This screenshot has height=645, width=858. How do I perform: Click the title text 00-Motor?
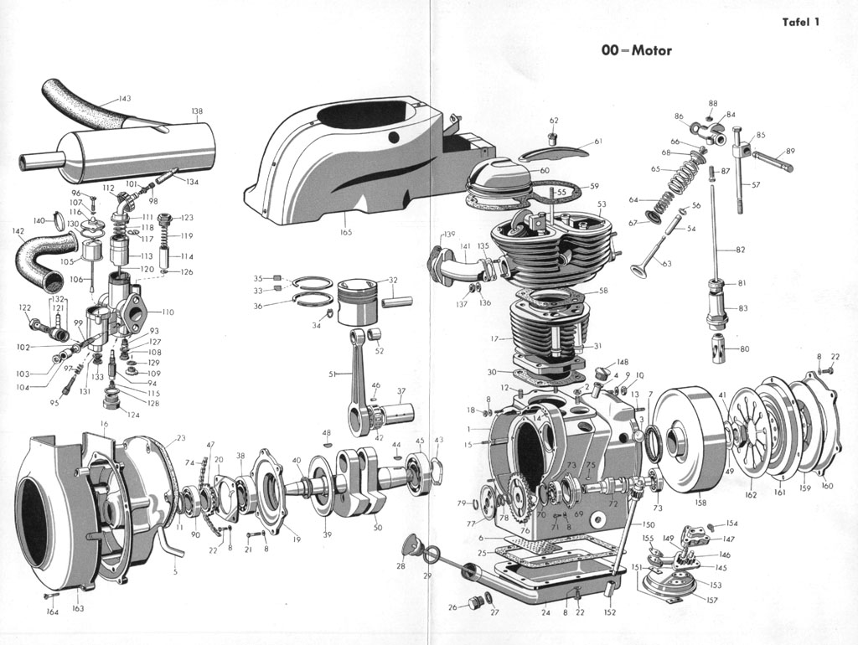coord(636,50)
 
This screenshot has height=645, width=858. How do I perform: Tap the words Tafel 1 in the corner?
coord(800,22)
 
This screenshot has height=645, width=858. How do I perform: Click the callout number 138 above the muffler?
coord(197,111)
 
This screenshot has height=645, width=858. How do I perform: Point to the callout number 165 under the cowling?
coord(345,232)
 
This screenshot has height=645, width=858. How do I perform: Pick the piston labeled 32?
coord(359,295)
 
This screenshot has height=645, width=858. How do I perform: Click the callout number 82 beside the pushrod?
coord(740,250)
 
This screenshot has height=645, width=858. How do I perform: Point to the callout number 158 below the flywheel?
coord(700,503)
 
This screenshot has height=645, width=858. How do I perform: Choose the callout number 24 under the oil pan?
coord(545,612)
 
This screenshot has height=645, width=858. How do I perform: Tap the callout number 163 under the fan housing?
coord(78,609)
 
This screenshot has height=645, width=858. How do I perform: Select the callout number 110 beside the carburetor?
coord(168,312)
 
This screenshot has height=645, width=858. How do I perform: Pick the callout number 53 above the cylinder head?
coord(602,204)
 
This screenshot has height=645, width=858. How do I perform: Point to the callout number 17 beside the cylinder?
coord(495,338)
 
